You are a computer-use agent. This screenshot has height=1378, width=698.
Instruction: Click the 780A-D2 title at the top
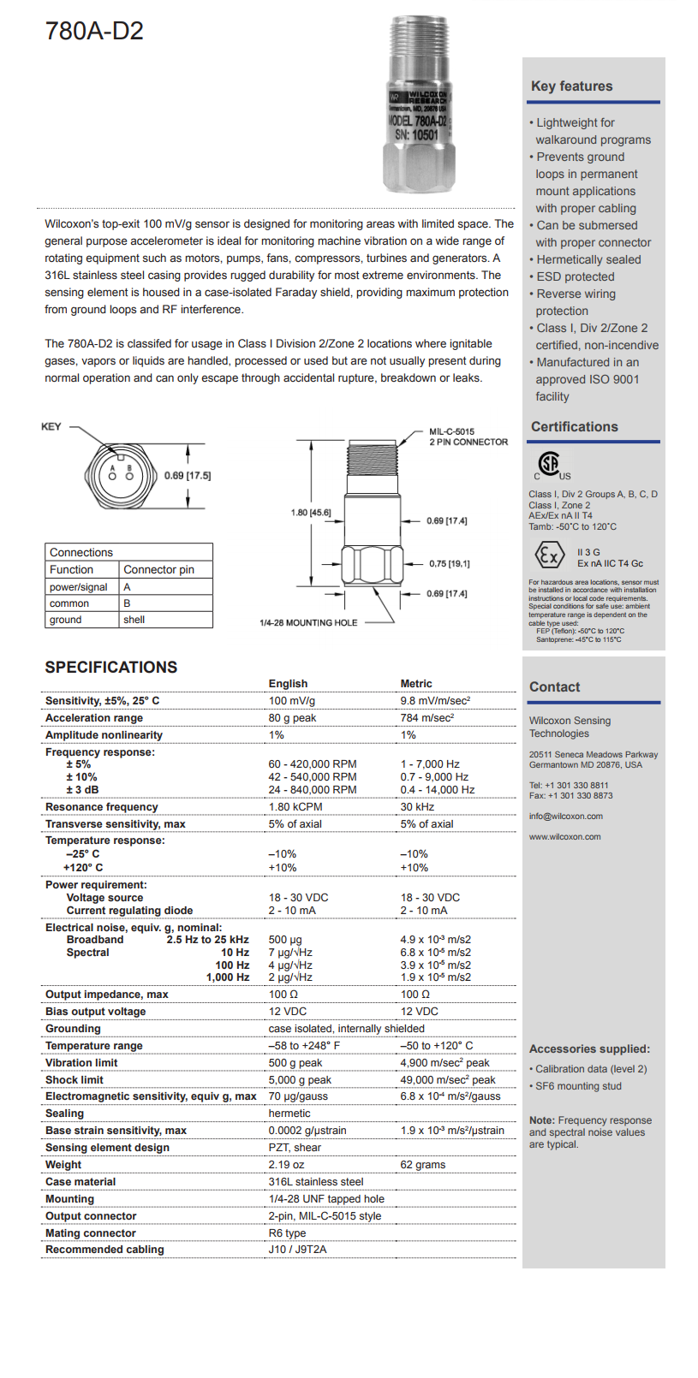tap(94, 32)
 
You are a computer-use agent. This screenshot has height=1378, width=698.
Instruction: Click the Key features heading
tap(571, 86)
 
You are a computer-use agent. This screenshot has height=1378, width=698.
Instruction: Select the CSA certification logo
tap(552, 466)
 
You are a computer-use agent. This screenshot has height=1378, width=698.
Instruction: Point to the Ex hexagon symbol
tap(549, 556)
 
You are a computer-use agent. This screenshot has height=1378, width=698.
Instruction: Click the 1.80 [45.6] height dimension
tap(311, 513)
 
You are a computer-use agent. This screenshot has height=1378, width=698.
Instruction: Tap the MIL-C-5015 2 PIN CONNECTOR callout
tap(468, 437)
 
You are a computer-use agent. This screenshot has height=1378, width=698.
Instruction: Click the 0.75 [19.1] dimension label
tap(449, 564)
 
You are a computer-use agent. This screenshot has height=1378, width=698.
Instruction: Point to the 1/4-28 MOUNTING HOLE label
tap(308, 623)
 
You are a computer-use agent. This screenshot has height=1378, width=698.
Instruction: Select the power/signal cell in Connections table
tap(79, 587)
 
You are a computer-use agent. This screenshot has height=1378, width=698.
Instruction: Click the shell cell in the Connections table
tap(134, 620)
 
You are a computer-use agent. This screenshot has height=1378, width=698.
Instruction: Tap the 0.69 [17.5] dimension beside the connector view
tap(188, 476)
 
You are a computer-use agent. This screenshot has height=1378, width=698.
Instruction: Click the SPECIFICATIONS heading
tap(111, 668)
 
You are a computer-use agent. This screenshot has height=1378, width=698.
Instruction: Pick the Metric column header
tap(416, 684)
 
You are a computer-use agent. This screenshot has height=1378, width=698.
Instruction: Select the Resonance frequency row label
tap(102, 807)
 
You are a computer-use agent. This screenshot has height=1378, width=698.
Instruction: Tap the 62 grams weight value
tap(422, 1165)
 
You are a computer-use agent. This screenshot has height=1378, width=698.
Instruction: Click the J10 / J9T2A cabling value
tap(297, 1250)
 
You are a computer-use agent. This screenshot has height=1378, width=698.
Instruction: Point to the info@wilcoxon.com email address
tap(565, 817)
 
